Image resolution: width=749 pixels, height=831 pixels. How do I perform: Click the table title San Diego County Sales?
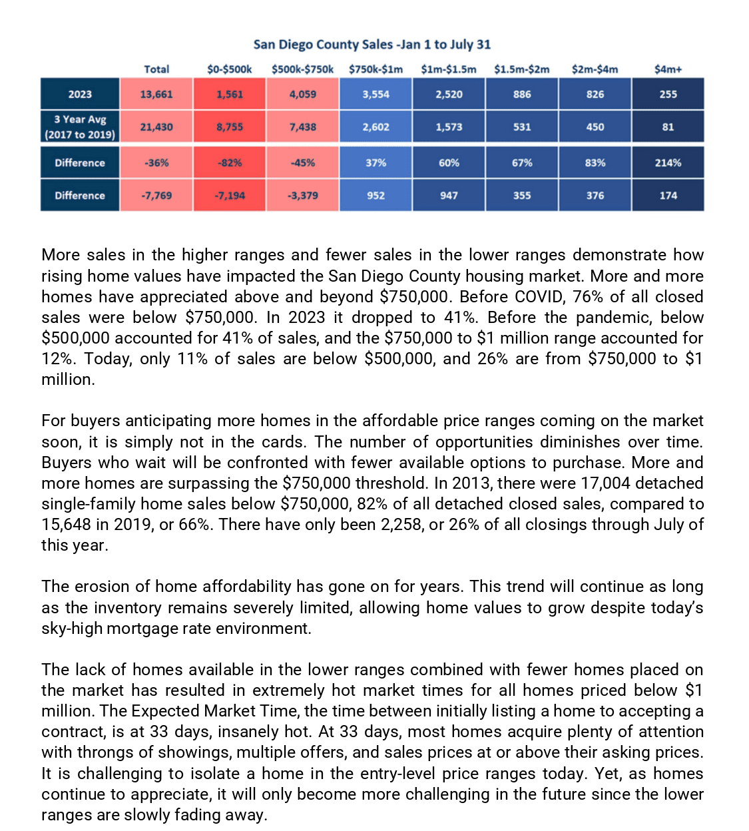[372, 45]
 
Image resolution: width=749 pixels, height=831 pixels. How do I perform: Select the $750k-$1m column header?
[375, 69]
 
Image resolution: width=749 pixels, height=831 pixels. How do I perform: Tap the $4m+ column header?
[668, 69]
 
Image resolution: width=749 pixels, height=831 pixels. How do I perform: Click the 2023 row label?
[80, 94]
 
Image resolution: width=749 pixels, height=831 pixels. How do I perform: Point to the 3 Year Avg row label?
[80, 127]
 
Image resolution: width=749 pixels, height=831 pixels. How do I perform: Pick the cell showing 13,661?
[156, 94]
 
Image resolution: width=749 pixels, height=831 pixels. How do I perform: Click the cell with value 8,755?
[230, 127]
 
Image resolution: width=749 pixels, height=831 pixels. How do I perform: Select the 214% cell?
[668, 162]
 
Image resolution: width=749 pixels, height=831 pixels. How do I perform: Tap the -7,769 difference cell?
[156, 195]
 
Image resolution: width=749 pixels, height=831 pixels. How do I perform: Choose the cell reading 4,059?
[303, 94]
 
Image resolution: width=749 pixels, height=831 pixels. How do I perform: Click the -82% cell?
[230, 162]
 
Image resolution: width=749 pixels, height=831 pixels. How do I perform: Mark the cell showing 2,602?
[375, 127]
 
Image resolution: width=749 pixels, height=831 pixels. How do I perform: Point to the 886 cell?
[522, 94]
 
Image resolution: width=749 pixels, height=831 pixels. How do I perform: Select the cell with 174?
[668, 195]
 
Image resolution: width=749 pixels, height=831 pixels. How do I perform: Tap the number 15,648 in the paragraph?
[66, 525]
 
